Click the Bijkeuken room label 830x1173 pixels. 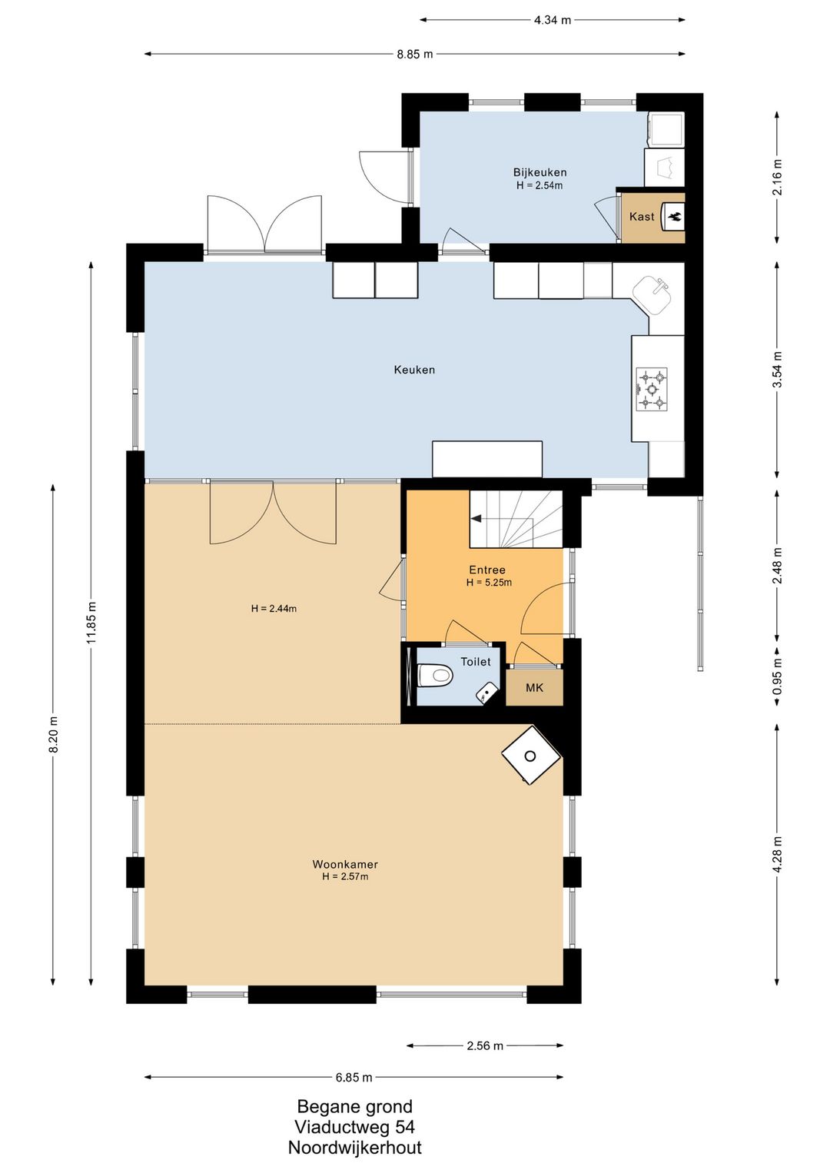539,172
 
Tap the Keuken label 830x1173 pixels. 414,370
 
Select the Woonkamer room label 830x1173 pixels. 345,865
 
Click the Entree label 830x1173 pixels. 487,570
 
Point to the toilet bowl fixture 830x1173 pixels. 434,675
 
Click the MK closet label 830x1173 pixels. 534,687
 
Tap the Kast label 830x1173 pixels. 642,216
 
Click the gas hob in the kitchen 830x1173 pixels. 652,388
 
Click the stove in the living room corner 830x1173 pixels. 531,755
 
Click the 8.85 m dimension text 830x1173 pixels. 415,54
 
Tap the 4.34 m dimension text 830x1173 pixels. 553,21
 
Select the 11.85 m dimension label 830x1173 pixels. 92,623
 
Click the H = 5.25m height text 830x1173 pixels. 489,583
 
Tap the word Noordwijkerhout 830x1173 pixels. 354,1148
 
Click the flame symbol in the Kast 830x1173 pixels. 674,215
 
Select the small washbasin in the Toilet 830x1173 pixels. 486,694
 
